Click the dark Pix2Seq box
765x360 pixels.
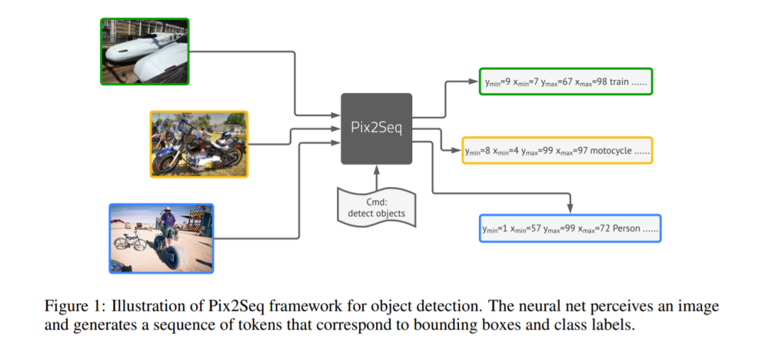376,129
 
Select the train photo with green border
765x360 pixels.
145,52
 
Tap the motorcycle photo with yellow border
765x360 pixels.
199,145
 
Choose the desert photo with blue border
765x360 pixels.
161,239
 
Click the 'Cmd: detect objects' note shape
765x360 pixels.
376,208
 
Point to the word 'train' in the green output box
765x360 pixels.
618,81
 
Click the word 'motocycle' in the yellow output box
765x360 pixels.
611,151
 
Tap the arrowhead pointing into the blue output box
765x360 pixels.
569,210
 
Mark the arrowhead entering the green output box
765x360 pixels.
474,81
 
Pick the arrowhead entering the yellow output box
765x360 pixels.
457,151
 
